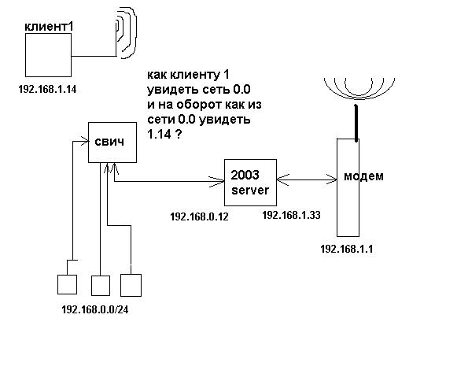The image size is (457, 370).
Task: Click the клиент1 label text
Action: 49,27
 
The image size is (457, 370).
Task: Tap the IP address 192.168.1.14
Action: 47,89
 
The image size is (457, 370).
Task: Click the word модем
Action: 363,176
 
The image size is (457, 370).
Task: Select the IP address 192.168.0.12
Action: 199,216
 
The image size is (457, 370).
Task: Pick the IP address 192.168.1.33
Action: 291,216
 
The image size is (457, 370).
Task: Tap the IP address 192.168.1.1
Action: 347,250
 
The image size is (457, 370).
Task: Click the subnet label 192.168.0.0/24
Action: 95,310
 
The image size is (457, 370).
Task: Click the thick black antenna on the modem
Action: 356,123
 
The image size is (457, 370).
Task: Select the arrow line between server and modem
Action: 307,179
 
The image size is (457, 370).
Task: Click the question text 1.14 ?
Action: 164,135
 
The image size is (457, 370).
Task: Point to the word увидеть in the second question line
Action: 172,90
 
